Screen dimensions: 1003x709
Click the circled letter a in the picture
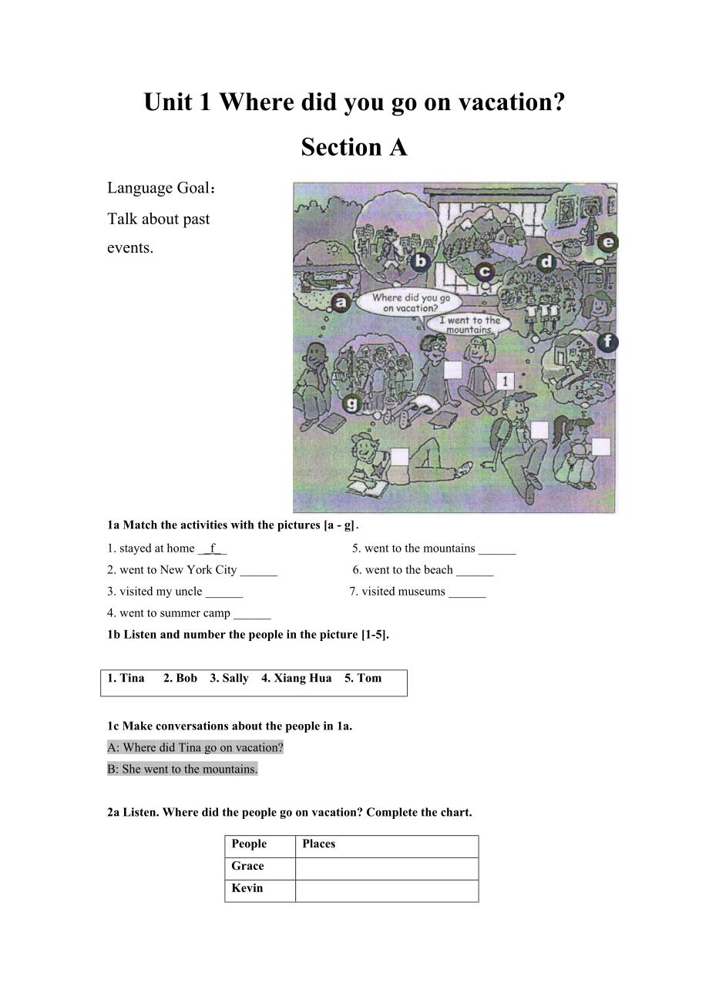341,303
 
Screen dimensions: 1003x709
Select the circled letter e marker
607,243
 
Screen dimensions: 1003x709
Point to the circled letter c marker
484,272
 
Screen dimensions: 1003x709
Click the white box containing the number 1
505,381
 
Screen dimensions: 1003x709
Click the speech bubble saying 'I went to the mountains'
469,324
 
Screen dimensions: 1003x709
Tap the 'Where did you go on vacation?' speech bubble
412,302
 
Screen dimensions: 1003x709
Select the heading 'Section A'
354,146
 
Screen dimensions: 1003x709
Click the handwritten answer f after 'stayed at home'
213,548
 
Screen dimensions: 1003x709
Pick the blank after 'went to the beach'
475,570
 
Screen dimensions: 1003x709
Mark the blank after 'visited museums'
467,592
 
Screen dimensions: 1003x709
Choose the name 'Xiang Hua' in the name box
297,678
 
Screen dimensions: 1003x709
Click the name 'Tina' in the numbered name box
132,678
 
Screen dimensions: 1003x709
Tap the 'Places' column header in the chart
319,844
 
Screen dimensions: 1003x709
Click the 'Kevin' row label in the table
247,888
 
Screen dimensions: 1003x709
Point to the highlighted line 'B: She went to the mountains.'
183,769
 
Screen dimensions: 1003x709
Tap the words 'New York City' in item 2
199,570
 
